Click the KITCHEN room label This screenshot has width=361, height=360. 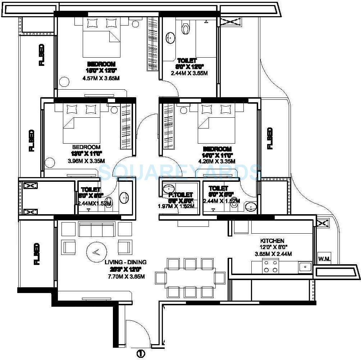[x=272, y=240]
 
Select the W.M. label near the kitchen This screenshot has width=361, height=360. [x=324, y=259]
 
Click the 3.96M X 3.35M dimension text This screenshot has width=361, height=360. [x=86, y=161]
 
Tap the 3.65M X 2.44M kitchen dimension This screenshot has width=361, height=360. [x=273, y=254]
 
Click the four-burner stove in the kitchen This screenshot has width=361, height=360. [x=270, y=266]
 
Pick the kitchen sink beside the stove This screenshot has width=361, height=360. [x=305, y=267]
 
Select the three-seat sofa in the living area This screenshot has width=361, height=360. [x=97, y=229]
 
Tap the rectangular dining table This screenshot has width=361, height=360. [x=190, y=278]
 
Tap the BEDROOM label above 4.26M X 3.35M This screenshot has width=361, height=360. [x=217, y=149]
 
